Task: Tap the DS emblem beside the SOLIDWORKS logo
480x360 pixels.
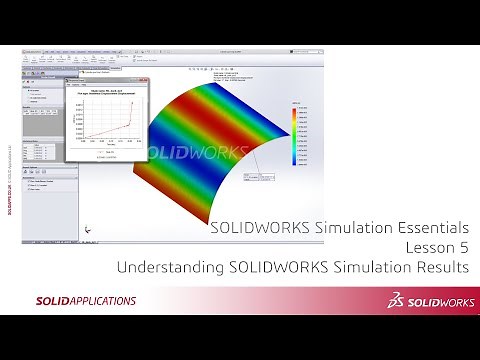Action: click(372, 300)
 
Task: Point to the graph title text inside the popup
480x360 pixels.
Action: click(110, 90)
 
